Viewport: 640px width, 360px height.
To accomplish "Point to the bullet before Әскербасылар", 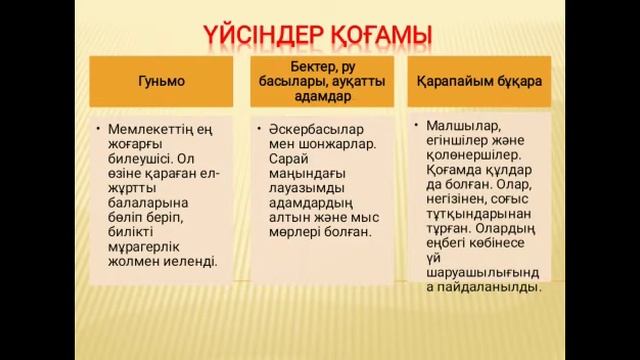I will [x=259, y=129].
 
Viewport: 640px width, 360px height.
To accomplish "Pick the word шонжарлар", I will [x=337, y=146].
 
